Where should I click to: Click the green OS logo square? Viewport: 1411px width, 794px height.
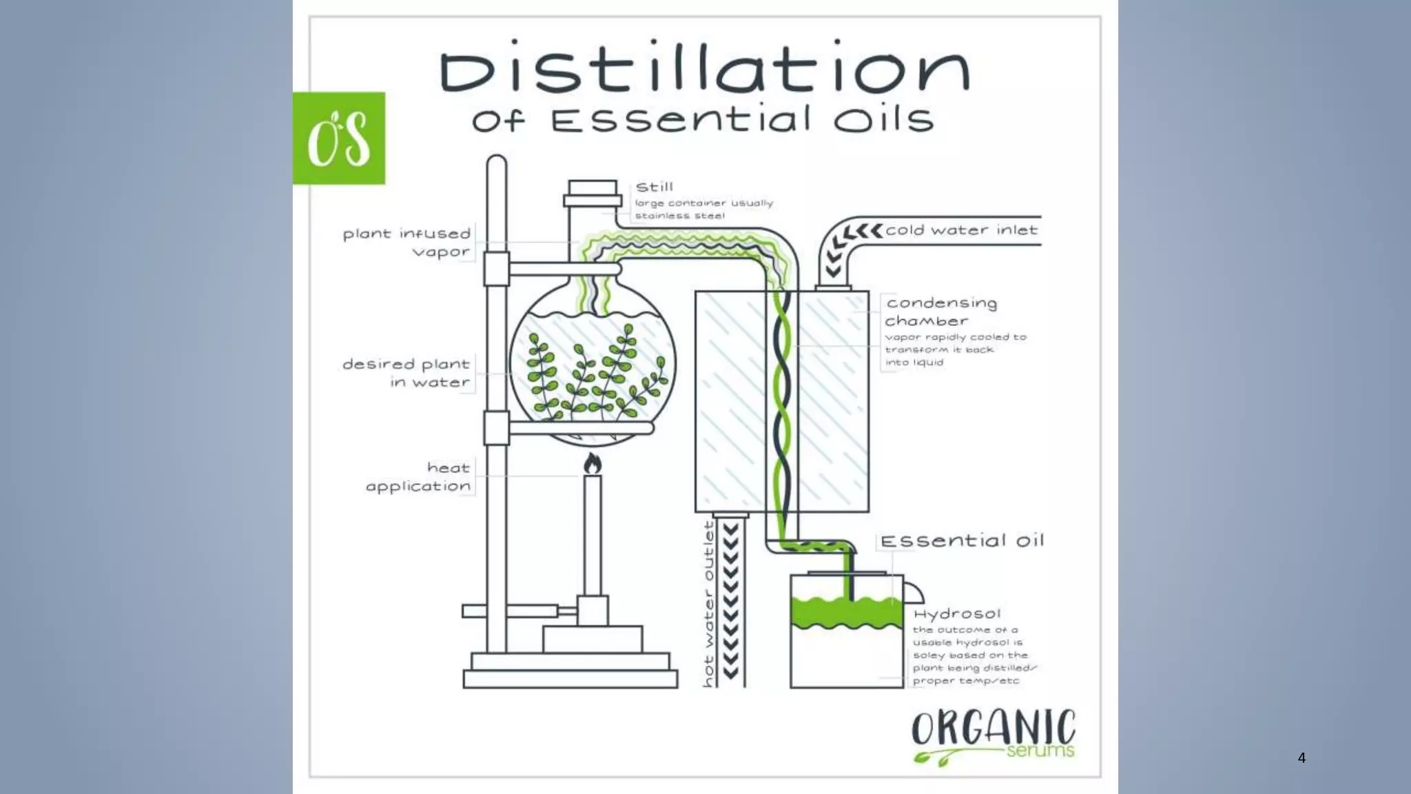pyautogui.click(x=339, y=138)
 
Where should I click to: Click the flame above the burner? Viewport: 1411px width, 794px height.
pyautogui.click(x=593, y=464)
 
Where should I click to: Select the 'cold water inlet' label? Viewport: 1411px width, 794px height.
pyautogui.click(x=961, y=230)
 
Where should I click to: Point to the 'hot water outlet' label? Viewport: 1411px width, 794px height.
pyautogui.click(x=708, y=604)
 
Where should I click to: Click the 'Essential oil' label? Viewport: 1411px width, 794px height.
pyautogui.click(x=962, y=541)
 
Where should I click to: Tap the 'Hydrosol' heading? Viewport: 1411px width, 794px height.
pyautogui.click(x=957, y=613)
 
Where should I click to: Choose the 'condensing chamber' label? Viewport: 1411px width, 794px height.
pyautogui.click(x=941, y=312)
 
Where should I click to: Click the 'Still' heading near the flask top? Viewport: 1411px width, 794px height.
pyautogui.click(x=655, y=187)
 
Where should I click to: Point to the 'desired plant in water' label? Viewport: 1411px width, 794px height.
pyautogui.click(x=406, y=373)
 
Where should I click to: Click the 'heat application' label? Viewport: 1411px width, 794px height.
pyautogui.click(x=419, y=477)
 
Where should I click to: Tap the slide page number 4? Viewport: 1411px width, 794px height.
pyautogui.click(x=1301, y=757)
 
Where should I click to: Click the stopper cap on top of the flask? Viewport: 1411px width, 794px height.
pyautogui.click(x=593, y=194)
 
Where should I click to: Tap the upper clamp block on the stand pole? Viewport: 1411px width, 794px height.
pyautogui.click(x=496, y=269)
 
